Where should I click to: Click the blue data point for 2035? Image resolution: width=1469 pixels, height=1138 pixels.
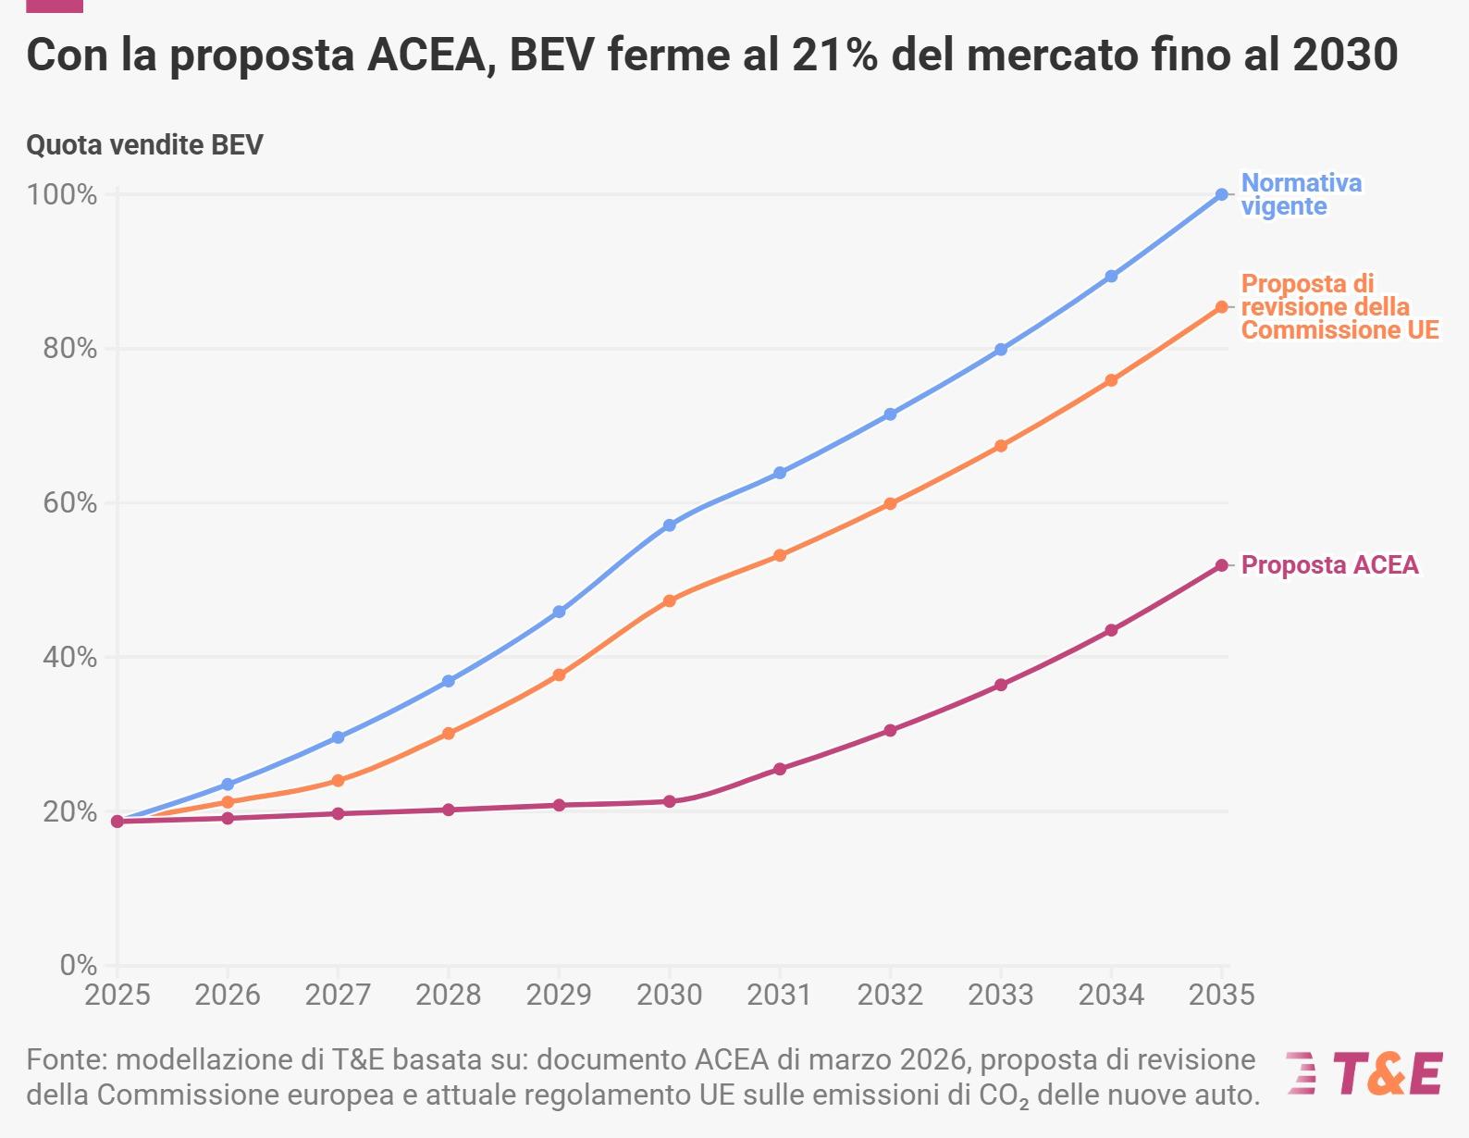tap(1221, 194)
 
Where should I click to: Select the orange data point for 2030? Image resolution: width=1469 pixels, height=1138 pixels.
tap(669, 600)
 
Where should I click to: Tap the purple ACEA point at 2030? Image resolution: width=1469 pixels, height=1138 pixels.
tap(669, 801)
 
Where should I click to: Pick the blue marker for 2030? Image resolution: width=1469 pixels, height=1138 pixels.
tap(669, 526)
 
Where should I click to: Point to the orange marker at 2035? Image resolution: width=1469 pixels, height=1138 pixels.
tap(1221, 307)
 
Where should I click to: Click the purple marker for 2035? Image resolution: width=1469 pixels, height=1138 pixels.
tap(1221, 565)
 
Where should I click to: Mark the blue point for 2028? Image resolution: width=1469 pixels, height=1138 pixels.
tap(448, 681)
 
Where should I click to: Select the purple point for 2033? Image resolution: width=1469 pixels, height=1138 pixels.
tap(1000, 685)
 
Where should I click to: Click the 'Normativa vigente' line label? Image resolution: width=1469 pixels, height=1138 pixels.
tap(1300, 194)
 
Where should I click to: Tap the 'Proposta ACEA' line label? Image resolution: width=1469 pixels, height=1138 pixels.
tap(1328, 565)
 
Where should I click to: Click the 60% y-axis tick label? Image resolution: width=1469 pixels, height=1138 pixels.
tap(68, 503)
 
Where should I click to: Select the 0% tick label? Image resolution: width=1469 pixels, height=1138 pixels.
tap(78, 965)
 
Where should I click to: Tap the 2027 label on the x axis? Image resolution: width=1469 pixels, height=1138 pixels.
tap(338, 995)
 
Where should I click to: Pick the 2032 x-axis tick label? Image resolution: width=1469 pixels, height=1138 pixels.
tap(890, 995)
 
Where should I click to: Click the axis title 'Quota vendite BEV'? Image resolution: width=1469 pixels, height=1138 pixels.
tap(144, 145)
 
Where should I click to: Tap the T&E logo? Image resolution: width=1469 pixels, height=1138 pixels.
tap(1364, 1073)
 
